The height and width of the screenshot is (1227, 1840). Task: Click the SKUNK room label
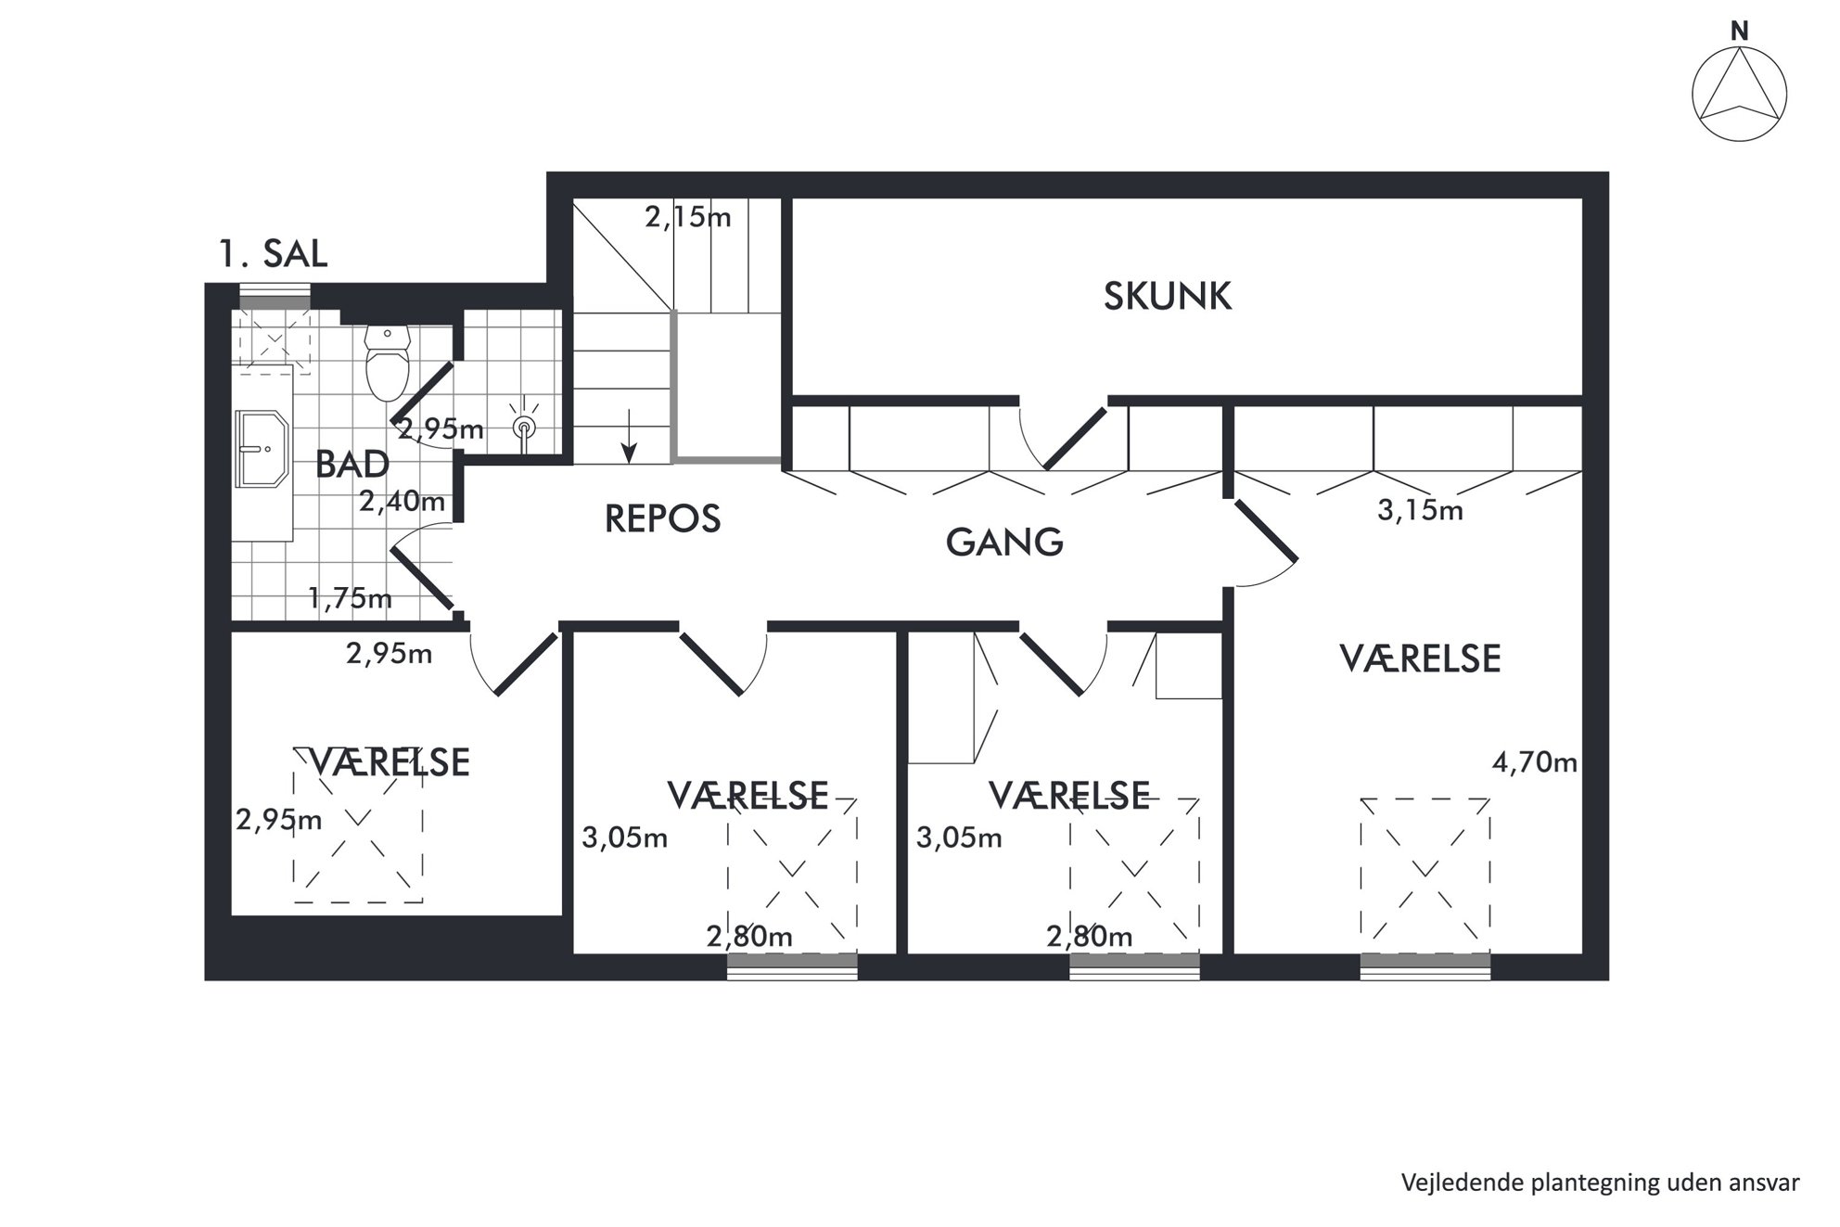(x=1167, y=296)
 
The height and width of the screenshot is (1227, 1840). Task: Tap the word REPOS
(x=662, y=519)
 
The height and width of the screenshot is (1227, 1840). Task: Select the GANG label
(x=1004, y=542)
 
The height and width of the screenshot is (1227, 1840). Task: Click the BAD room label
(x=351, y=464)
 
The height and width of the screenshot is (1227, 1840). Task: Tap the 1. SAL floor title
(x=273, y=253)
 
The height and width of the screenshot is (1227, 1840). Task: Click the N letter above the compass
(x=1740, y=32)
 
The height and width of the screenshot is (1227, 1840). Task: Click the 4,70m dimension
(x=1535, y=762)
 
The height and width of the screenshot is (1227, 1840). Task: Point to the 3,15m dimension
(x=1420, y=510)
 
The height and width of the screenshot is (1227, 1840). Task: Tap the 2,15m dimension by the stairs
(x=688, y=217)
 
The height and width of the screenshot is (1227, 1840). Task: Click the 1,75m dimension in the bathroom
(x=350, y=598)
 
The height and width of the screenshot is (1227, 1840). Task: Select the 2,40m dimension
(x=402, y=502)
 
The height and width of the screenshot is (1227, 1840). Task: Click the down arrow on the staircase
(x=629, y=436)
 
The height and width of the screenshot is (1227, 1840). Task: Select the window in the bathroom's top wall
(x=275, y=301)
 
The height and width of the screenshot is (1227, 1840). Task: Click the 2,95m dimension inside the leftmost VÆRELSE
(x=279, y=820)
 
